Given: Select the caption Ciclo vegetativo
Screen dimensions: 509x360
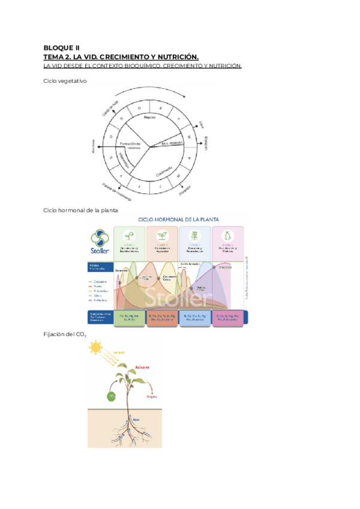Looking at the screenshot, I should pos(65,82).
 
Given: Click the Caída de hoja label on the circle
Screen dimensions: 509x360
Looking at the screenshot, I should pos(109,108).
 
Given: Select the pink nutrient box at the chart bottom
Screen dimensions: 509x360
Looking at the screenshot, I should pos(227,318).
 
